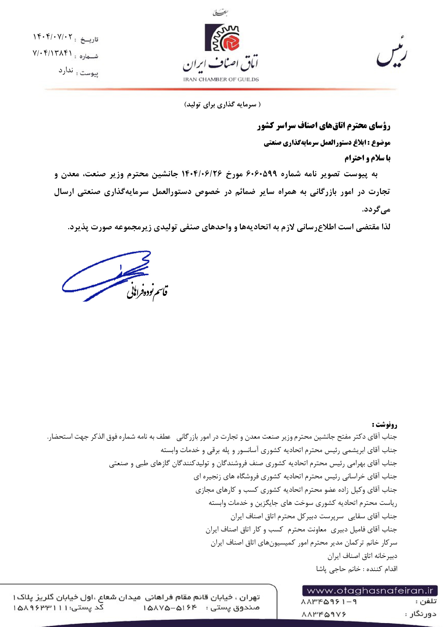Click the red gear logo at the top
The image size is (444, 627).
[x=222, y=38]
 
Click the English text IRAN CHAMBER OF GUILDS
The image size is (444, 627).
[x=221, y=79]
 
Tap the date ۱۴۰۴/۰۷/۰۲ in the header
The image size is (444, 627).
[x=53, y=37]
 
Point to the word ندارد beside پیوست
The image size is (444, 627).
[x=66, y=71]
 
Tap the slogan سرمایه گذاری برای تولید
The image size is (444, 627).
[x=222, y=105]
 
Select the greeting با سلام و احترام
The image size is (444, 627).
[x=367, y=158]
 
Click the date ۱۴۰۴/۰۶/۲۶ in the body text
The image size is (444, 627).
[x=202, y=174]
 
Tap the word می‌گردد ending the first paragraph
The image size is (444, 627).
[x=376, y=210]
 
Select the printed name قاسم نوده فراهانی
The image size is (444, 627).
[x=147, y=292]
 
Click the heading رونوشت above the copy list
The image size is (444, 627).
[x=384, y=425]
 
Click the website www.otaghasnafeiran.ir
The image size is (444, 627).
[x=370, y=591]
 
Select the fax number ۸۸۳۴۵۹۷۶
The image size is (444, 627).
[x=324, y=614]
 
